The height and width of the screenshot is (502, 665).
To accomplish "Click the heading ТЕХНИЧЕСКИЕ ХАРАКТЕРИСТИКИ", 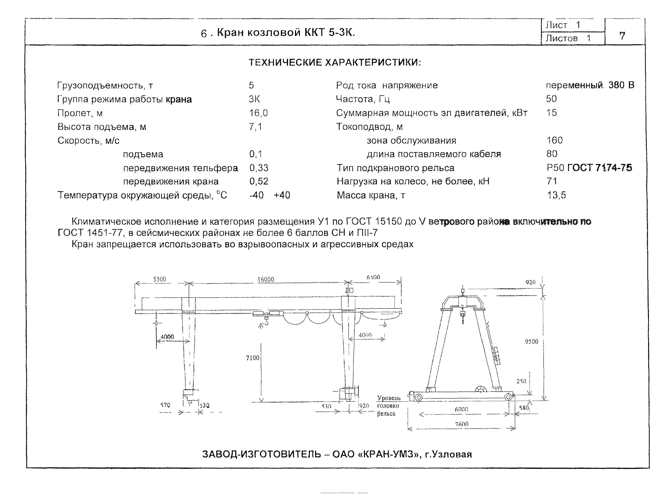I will click(335, 63).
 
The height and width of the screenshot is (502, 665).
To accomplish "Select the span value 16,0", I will click(258, 113).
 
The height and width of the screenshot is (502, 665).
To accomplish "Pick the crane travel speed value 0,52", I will click(259, 181).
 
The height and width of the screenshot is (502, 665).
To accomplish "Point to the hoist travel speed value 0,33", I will click(259, 168).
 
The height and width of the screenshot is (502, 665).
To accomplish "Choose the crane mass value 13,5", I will click(556, 195).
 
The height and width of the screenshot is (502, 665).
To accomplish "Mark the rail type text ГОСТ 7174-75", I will click(599, 168).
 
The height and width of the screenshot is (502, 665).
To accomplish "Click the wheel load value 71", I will click(552, 181).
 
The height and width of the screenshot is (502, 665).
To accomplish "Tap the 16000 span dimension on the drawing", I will click(266, 279).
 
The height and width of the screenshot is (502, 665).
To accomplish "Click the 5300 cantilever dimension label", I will click(160, 279).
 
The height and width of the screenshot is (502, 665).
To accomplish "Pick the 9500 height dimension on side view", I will click(532, 342).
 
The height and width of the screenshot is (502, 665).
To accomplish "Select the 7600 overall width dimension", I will click(462, 424).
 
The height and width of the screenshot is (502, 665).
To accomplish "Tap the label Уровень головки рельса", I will click(389, 406).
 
